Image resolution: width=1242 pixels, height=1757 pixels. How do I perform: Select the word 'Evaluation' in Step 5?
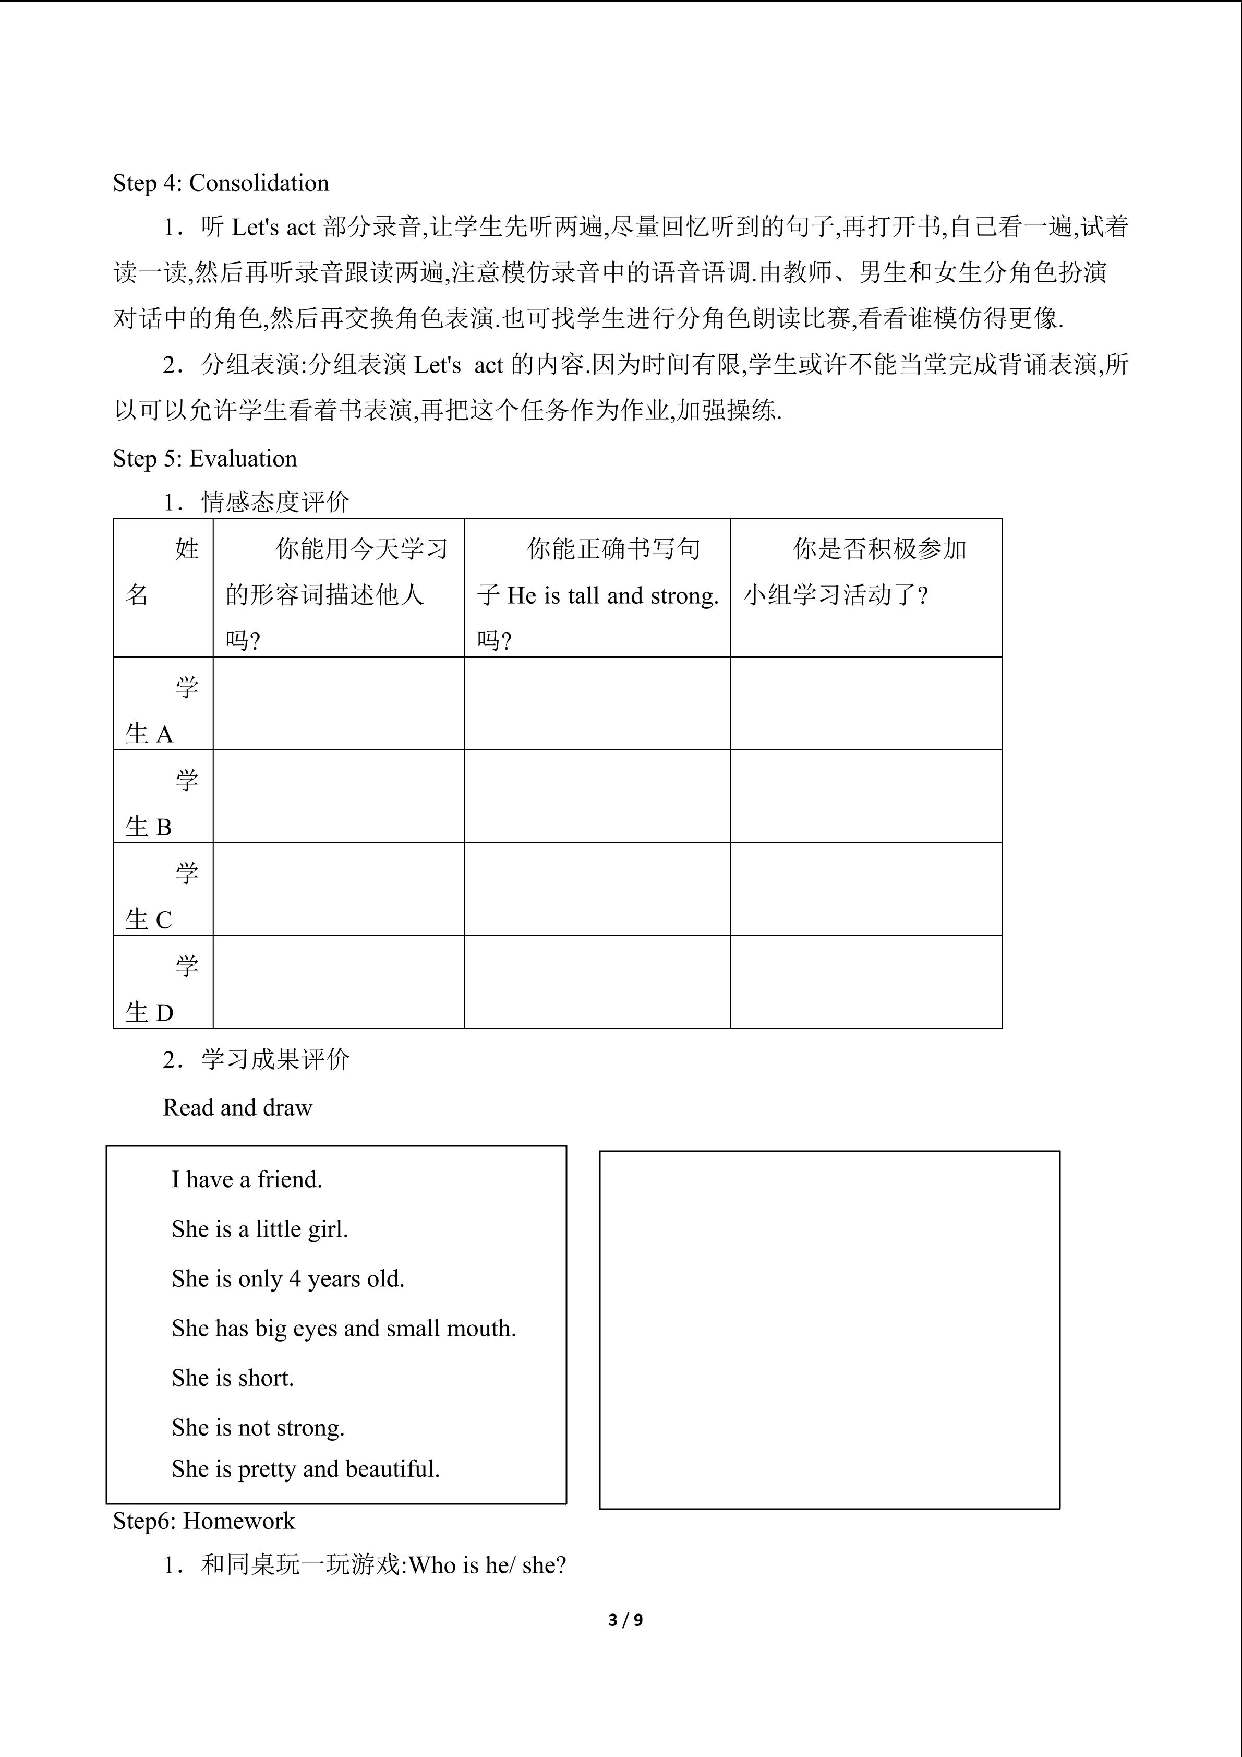pyautogui.click(x=243, y=458)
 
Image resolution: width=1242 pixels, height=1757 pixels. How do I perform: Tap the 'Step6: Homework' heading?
pyautogui.click(x=203, y=1521)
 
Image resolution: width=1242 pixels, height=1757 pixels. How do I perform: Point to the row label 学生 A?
pyautogui.click(x=162, y=710)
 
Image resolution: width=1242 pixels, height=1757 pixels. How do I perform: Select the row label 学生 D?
pyautogui.click(x=162, y=989)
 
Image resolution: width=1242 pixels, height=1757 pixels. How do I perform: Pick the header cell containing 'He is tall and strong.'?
pyautogui.click(x=597, y=595)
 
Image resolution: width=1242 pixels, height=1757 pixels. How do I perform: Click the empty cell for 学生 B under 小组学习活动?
pyautogui.click(x=866, y=797)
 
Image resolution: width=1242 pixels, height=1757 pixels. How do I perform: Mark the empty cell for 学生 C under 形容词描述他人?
pyautogui.click(x=338, y=889)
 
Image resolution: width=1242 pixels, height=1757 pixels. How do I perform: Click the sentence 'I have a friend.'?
pyautogui.click(x=246, y=1179)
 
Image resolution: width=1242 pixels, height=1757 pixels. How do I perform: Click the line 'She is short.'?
pyautogui.click(x=233, y=1378)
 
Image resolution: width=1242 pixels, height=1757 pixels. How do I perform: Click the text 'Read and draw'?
pyautogui.click(x=237, y=1107)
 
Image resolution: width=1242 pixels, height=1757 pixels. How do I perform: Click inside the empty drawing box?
pyautogui.click(x=829, y=1330)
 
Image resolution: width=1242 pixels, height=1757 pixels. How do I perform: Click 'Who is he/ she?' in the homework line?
pyautogui.click(x=487, y=1565)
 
